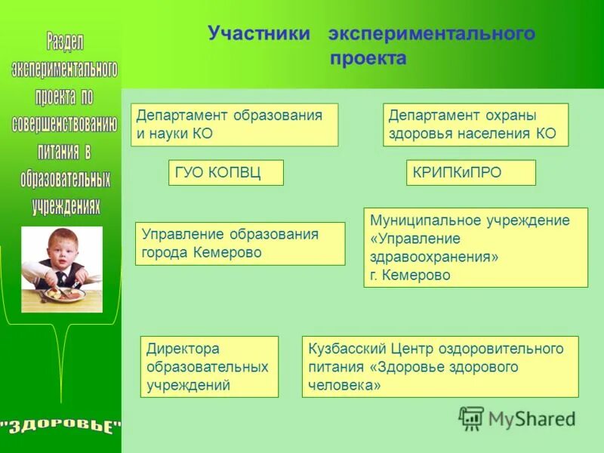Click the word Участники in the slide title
click(259, 33)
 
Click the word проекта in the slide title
click(368, 59)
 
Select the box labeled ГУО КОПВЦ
click(226, 173)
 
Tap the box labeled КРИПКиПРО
click(470, 173)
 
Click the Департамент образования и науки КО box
click(235, 125)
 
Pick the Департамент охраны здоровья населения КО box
click(475, 125)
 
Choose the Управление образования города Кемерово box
click(239, 243)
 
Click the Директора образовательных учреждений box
click(209, 367)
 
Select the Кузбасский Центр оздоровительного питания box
click(439, 367)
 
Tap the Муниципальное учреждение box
click(475, 248)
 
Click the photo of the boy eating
click(61, 269)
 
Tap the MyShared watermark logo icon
click(471, 418)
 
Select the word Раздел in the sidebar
click(64, 41)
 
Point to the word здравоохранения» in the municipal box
click(434, 257)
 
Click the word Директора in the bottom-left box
click(183, 349)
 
